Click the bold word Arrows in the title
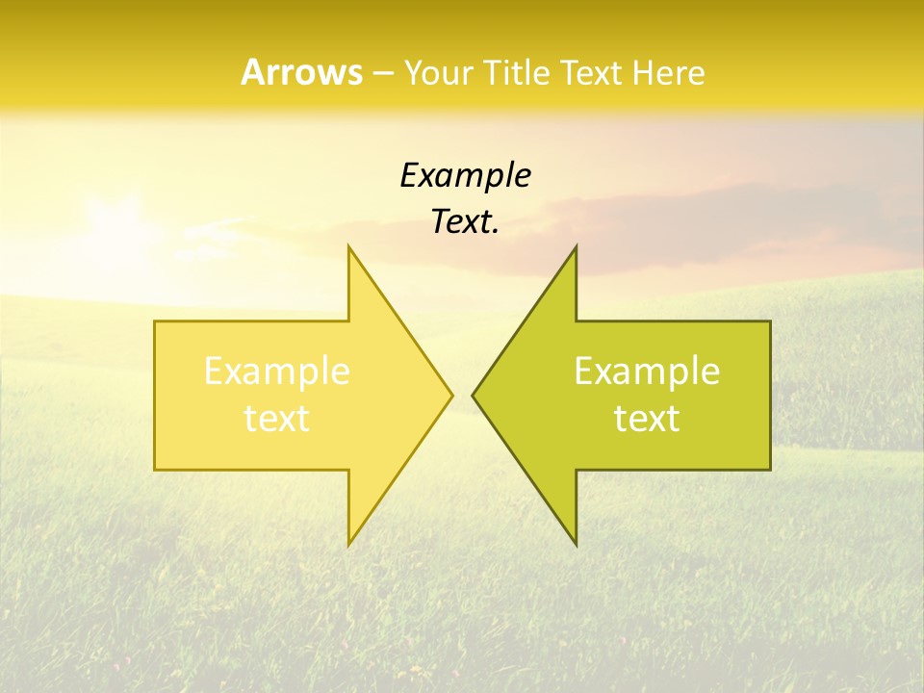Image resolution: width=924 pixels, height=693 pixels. click(x=302, y=72)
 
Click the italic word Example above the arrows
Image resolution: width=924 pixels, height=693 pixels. click(x=465, y=176)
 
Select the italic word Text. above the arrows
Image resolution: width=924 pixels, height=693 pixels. click(x=465, y=222)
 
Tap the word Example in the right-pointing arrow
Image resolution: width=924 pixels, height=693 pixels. click(x=277, y=372)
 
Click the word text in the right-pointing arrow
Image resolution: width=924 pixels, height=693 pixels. click(x=277, y=419)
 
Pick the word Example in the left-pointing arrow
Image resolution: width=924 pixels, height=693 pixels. click(x=647, y=372)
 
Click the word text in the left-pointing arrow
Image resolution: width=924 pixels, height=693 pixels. click(x=647, y=419)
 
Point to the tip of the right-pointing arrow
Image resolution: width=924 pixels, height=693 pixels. click(x=451, y=395)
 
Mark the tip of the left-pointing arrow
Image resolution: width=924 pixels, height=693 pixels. click(x=474, y=395)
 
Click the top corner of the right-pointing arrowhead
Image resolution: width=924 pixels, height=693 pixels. click(x=349, y=246)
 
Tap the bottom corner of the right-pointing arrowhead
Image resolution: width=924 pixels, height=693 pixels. click(x=349, y=545)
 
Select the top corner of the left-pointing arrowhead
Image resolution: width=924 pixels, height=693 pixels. click(x=576, y=246)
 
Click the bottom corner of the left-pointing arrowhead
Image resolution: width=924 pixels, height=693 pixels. click(x=576, y=545)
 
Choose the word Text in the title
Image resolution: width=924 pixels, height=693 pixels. click(x=591, y=73)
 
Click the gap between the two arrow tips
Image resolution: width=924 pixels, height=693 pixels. click(x=462, y=395)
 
